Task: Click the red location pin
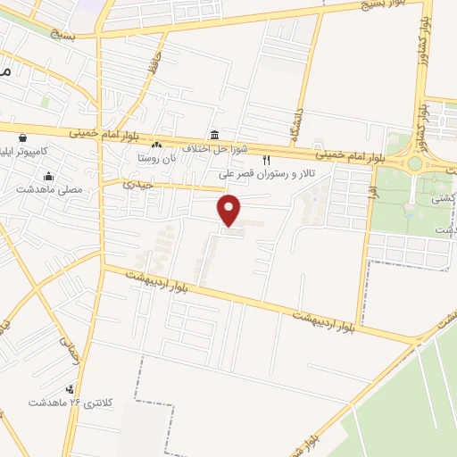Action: point(230,209)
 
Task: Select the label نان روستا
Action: point(156,157)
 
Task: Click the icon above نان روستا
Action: point(157,145)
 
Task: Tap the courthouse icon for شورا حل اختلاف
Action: point(215,135)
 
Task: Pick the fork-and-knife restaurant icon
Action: point(265,160)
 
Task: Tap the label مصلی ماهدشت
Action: point(49,189)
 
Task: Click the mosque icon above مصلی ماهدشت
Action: point(49,176)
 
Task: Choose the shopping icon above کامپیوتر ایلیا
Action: point(21,138)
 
